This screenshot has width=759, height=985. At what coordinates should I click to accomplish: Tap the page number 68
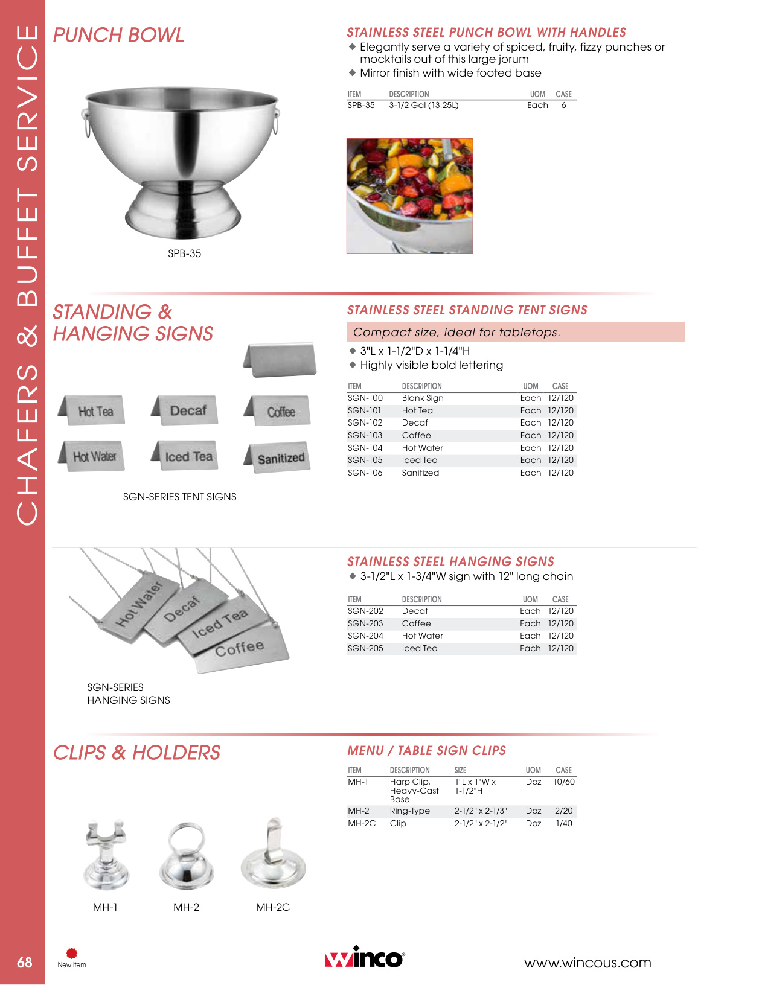click(24, 962)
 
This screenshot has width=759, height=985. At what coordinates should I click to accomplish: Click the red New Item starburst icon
click(72, 953)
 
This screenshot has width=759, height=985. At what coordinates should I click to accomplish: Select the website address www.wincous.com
click(587, 963)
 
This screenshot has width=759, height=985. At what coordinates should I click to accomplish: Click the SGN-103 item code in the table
click(365, 435)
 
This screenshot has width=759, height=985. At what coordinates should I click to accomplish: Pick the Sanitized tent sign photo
click(279, 458)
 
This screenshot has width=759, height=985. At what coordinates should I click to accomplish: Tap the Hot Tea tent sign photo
click(94, 411)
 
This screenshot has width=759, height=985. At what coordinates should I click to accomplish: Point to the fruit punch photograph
click(409, 196)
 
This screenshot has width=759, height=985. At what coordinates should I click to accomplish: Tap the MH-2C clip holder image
click(273, 854)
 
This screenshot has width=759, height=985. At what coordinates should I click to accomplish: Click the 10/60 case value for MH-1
click(563, 782)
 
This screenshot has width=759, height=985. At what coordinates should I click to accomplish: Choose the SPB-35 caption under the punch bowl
click(184, 253)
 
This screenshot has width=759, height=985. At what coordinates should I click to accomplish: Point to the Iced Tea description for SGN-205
click(420, 648)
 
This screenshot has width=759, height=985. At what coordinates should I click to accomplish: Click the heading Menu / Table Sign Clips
click(426, 750)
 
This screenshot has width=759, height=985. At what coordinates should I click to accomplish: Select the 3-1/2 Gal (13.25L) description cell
click(423, 105)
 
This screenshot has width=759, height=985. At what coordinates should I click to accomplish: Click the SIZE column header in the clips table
click(460, 770)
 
